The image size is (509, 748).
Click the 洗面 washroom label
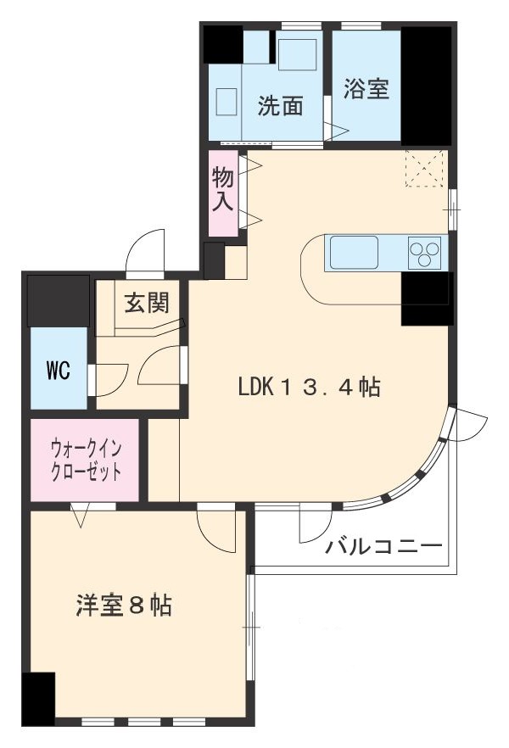click(x=281, y=108)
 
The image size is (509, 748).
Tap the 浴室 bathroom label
click(x=366, y=89)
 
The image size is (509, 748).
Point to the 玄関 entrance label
click(x=147, y=302)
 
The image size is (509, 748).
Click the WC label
click(x=58, y=371)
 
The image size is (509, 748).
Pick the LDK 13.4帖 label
click(x=308, y=388)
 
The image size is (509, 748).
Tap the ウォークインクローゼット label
click(x=85, y=459)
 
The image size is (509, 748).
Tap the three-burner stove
click(x=425, y=252)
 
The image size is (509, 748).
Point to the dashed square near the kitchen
click(x=424, y=168)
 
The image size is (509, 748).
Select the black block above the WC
click(x=59, y=300)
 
